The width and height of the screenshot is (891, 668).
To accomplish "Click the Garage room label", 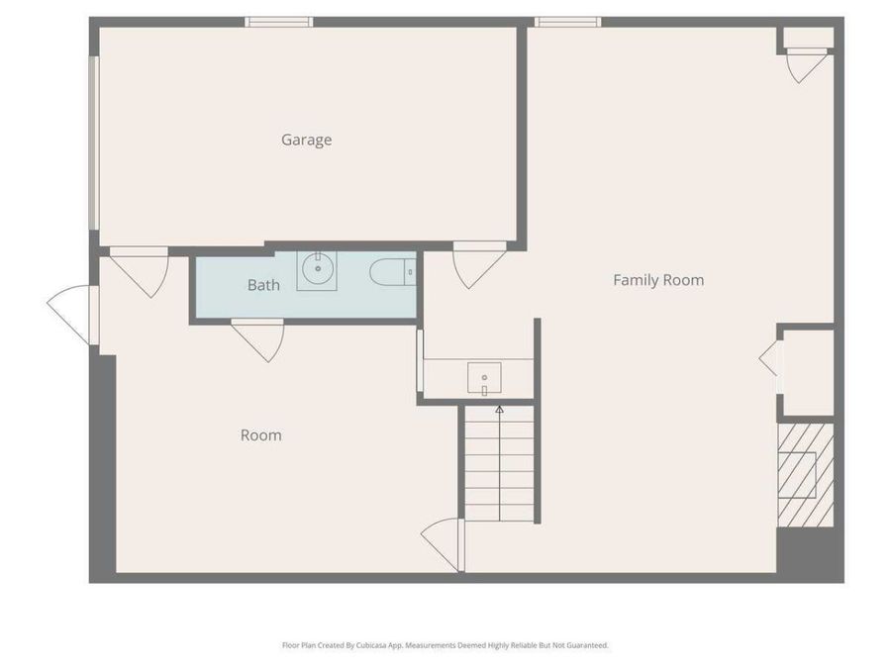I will (306, 140).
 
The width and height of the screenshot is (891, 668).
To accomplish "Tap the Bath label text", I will (263, 285).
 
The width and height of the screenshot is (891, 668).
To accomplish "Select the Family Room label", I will (658, 280).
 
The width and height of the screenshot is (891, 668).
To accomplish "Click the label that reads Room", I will (260, 435).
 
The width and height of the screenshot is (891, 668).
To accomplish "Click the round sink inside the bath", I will (318, 269).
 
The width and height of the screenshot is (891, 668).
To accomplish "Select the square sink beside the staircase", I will (484, 377).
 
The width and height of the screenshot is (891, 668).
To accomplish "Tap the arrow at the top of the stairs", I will (499, 408).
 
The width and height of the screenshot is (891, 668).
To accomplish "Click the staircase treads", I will (499, 465).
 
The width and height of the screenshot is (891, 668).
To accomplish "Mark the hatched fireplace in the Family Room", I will (804, 474).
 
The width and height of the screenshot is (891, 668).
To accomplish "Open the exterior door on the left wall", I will (73, 314).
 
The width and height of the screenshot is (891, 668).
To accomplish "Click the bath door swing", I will (259, 338).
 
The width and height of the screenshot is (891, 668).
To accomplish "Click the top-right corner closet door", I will (806, 64).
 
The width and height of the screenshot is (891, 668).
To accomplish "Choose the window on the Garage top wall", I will (279, 22).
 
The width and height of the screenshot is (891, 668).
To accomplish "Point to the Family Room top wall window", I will (567, 22).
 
